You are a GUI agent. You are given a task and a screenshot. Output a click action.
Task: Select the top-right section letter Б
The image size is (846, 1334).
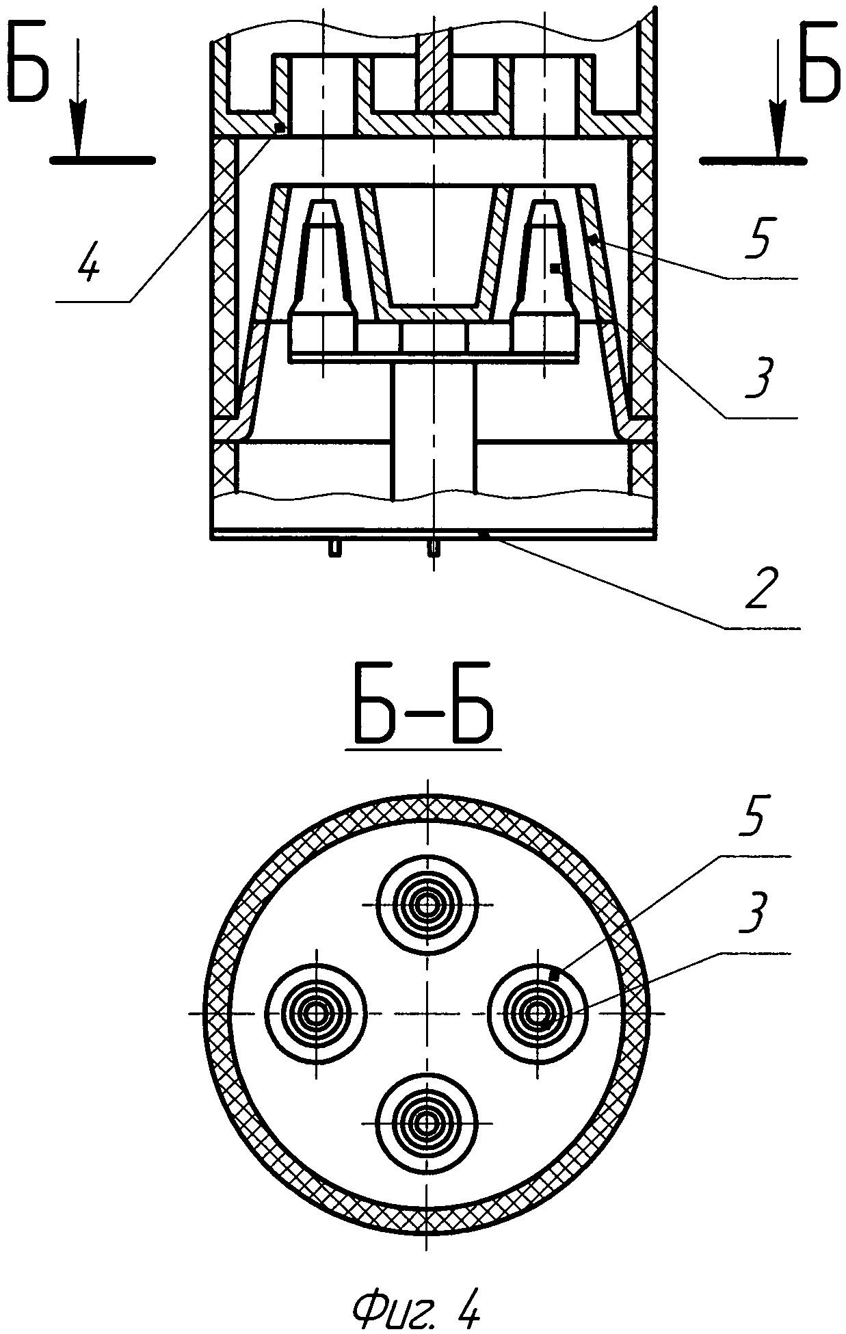(819, 62)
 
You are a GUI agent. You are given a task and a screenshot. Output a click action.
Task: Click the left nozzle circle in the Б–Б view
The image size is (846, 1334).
(316, 1013)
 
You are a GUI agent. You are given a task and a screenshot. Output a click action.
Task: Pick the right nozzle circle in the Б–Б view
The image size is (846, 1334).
(538, 1013)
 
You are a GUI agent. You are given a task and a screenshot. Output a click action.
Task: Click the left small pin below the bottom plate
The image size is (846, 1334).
(334, 548)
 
